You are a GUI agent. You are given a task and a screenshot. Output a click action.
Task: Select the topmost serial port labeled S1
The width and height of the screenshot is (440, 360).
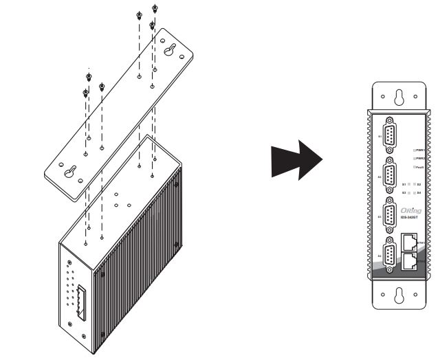[x=389, y=136]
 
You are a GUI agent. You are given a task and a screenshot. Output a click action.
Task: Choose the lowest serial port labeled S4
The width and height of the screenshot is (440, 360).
[x=389, y=256]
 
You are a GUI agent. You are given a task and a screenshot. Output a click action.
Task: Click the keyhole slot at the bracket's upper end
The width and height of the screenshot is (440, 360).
[x=170, y=50]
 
